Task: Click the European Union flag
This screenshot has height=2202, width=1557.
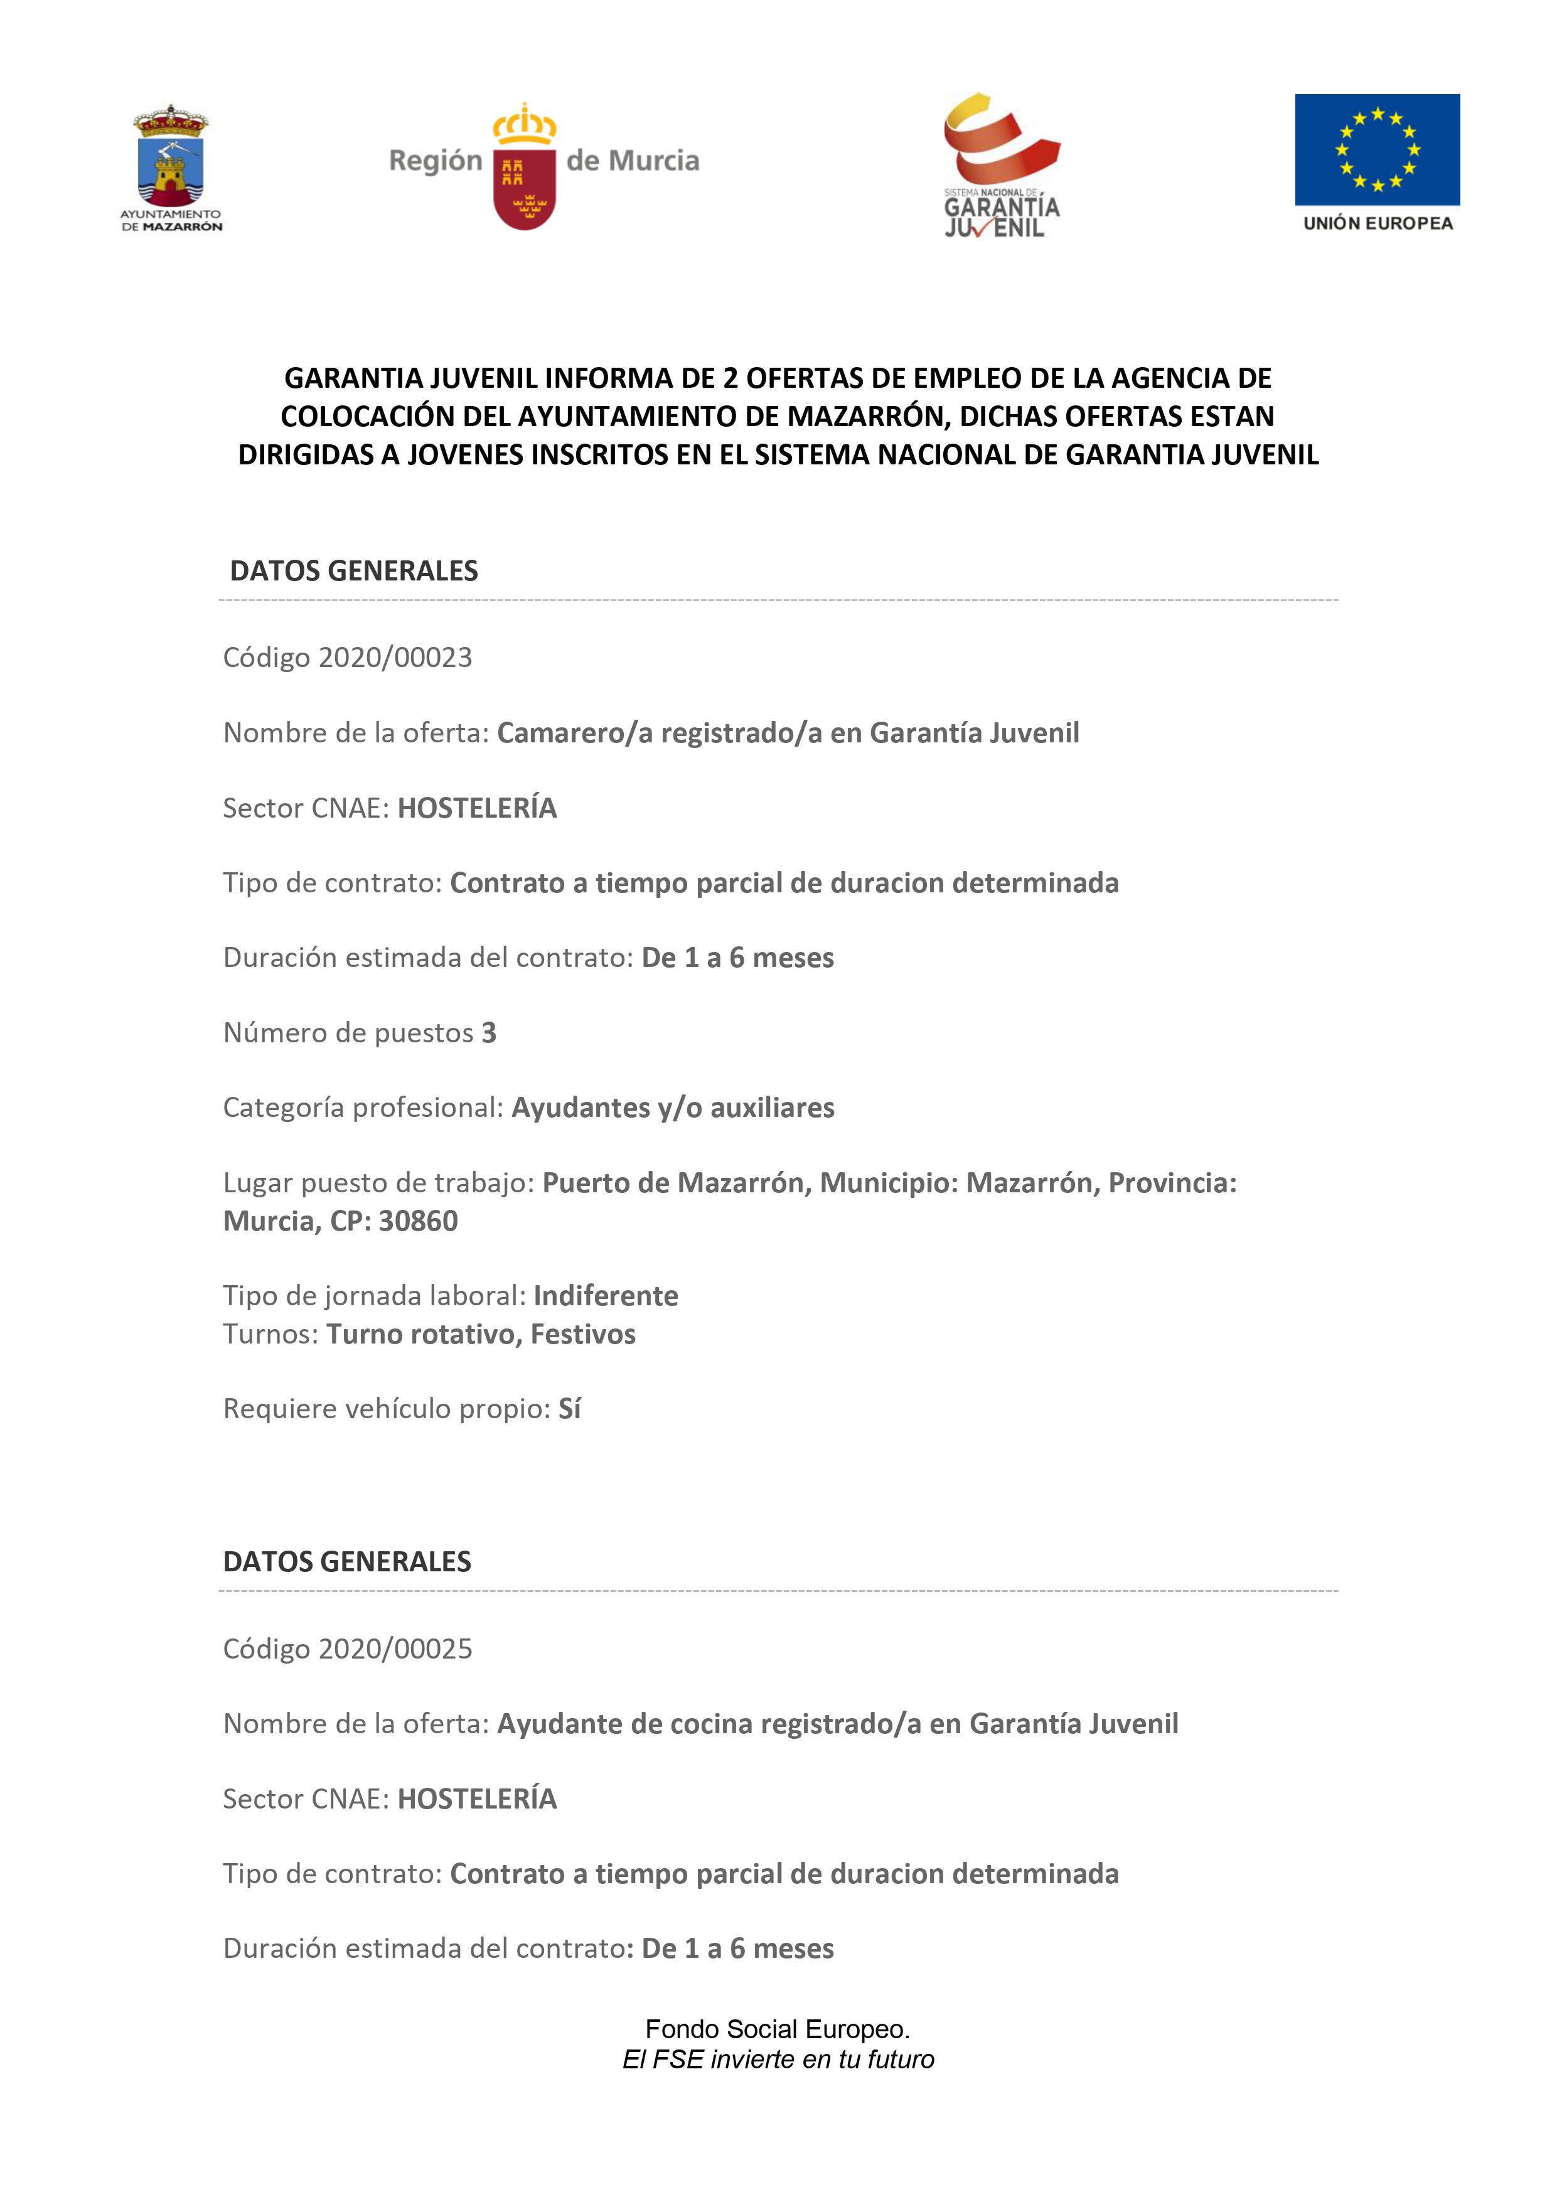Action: coord(1377,149)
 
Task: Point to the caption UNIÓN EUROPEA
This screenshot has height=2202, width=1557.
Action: coord(1378,223)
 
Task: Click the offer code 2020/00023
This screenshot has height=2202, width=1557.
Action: coord(395,658)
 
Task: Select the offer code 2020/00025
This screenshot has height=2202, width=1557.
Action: coord(395,1649)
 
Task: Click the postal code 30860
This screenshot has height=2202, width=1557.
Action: coord(418,1221)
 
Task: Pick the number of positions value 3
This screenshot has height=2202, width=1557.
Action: coord(490,1033)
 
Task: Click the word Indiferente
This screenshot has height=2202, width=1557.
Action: coord(606,1296)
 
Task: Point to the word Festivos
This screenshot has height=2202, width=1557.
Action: coord(582,1334)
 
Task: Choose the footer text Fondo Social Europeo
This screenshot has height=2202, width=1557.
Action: coord(777,2028)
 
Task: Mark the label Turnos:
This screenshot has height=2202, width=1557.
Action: coord(270,1334)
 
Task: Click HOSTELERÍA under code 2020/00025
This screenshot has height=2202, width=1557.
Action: coord(477,1798)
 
